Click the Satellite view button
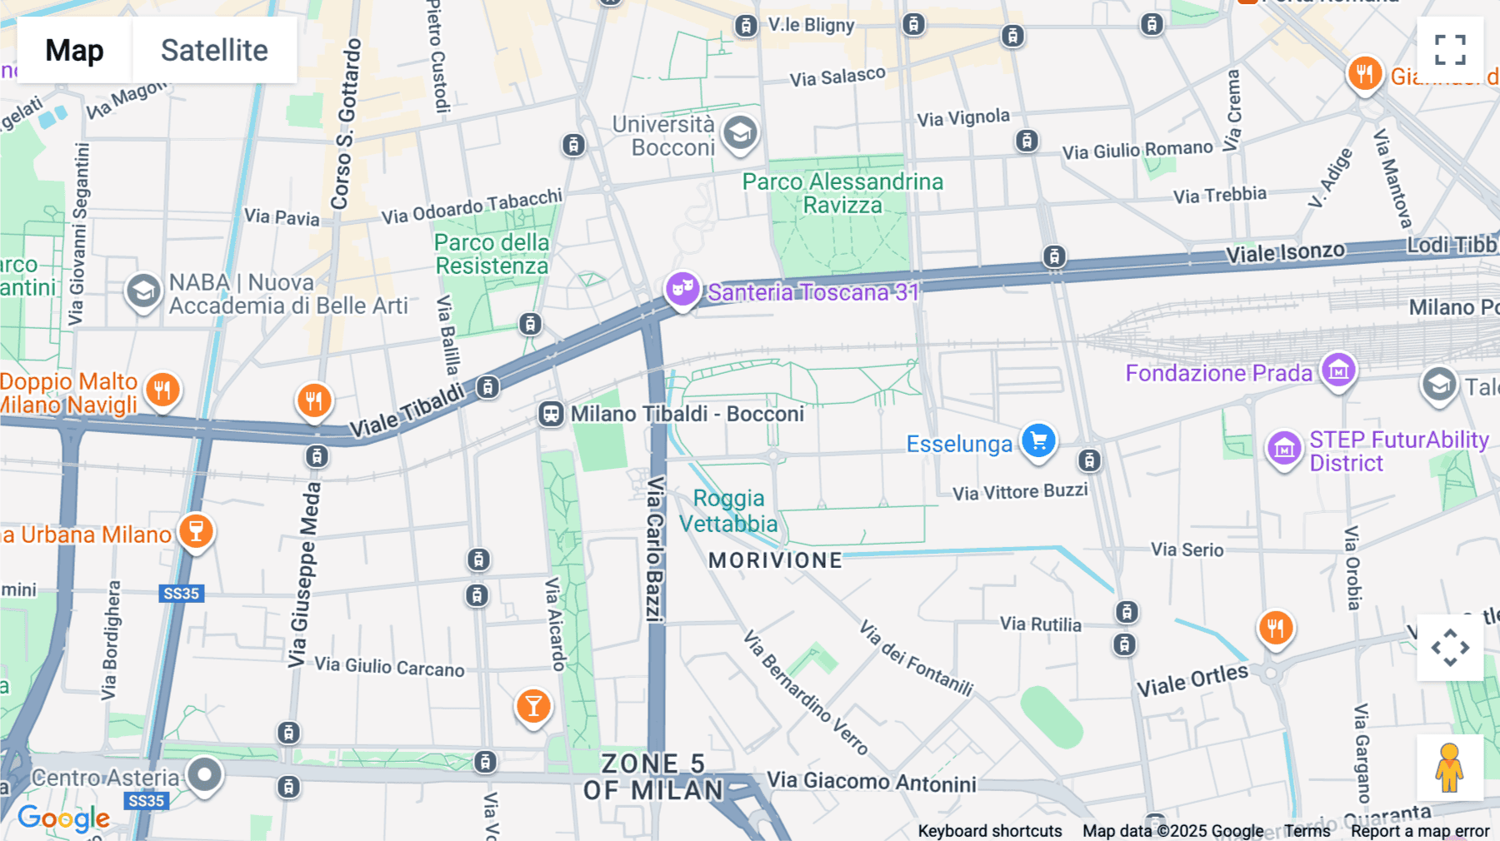(214, 50)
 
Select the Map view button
(74, 50)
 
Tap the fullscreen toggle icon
(1450, 50)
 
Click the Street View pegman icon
(1449, 768)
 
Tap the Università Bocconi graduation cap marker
(740, 133)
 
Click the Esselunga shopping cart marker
(1038, 440)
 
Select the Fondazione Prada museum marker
(1338, 370)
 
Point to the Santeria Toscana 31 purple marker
(682, 288)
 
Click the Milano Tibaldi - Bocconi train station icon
(551, 414)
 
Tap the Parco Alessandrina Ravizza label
(842, 193)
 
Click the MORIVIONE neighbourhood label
(775, 560)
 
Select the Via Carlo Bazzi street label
(656, 550)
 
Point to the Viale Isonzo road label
(1285, 252)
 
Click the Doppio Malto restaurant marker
(162, 389)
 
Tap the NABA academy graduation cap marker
(143, 291)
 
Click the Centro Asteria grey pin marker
(205, 774)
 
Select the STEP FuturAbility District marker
(1284, 448)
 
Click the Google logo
(63, 819)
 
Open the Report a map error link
(1420, 831)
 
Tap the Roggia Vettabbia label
(728, 510)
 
